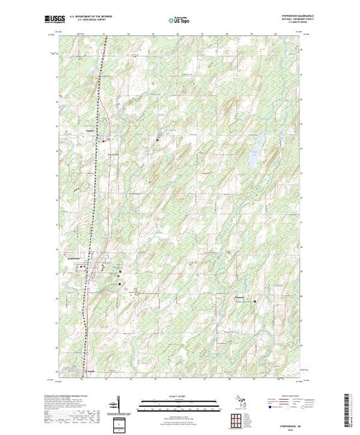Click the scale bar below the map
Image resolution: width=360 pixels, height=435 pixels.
point(181,401)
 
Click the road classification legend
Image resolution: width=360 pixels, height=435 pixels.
point(281,403)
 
